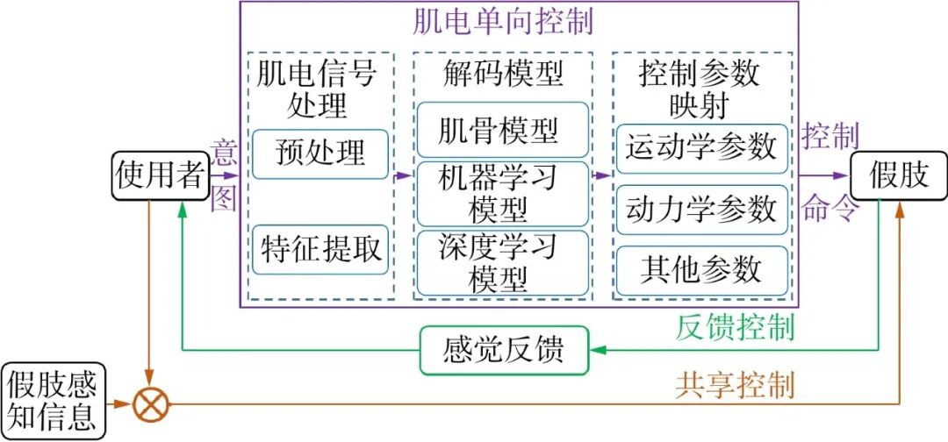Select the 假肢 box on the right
pyautogui.click(x=898, y=175)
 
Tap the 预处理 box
pyautogui.click(x=320, y=153)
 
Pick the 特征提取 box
pyautogui.click(x=321, y=250)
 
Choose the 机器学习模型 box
pyautogui.click(x=499, y=193)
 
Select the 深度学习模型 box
pyautogui.click(x=499, y=262)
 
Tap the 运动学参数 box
pyautogui.click(x=701, y=147)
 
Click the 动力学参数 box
pyautogui.click(x=701, y=210)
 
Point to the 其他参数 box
pyautogui.click(x=701, y=270)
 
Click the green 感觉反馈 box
pyautogui.click(x=502, y=350)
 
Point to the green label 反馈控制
pyautogui.click(x=736, y=328)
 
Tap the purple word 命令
pyautogui.click(x=829, y=209)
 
